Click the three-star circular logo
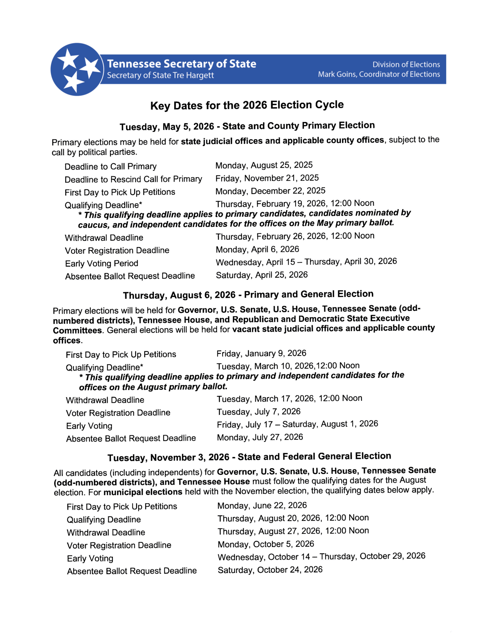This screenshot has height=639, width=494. pos(77,69)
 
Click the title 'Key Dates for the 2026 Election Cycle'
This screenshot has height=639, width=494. pos(247,105)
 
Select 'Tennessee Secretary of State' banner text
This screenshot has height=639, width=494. pos(182,64)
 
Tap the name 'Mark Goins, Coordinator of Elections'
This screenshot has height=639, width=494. pos(379,74)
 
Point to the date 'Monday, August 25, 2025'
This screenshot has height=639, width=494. pos(264,165)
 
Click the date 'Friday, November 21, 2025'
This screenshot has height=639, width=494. pos(267,178)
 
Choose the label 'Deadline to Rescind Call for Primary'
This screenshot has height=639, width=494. pos(133,179)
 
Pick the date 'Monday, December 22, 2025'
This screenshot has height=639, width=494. pos(270,191)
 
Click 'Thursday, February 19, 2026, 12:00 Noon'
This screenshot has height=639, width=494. pos(295,204)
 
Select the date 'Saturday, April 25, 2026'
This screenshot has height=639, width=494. pos(261,275)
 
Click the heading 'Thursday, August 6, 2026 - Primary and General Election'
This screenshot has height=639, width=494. pos(248,295)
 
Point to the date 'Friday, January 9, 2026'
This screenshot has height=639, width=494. pos(261,353)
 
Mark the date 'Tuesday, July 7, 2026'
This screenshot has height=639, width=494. pos(258,412)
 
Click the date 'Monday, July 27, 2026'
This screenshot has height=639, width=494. pos(260,437)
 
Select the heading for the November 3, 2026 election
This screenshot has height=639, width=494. pos(249,457)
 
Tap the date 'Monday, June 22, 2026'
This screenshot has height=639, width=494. pos(262,505)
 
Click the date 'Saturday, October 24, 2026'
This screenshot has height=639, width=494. pos(270,570)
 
